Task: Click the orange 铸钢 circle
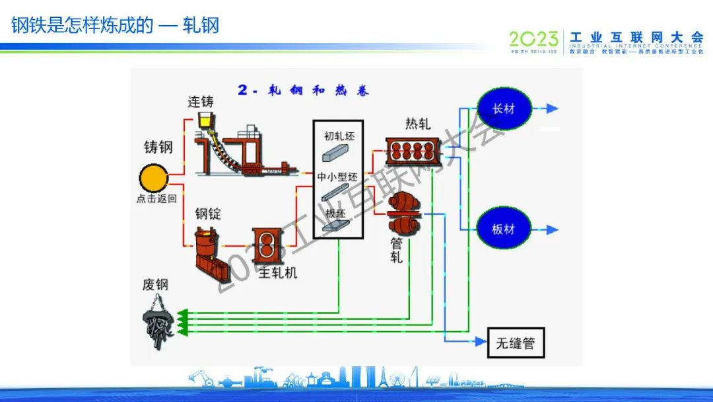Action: tap(153, 178)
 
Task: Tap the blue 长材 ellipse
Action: tap(504, 108)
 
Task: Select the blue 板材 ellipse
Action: tap(504, 229)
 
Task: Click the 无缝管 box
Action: tap(516, 342)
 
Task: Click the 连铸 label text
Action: tap(201, 102)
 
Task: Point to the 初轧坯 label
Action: tap(339, 136)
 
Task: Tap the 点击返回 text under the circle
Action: tap(156, 198)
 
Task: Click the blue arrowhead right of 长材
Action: tap(552, 108)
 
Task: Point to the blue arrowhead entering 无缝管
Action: tap(481, 342)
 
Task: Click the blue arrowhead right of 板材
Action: tap(552, 230)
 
